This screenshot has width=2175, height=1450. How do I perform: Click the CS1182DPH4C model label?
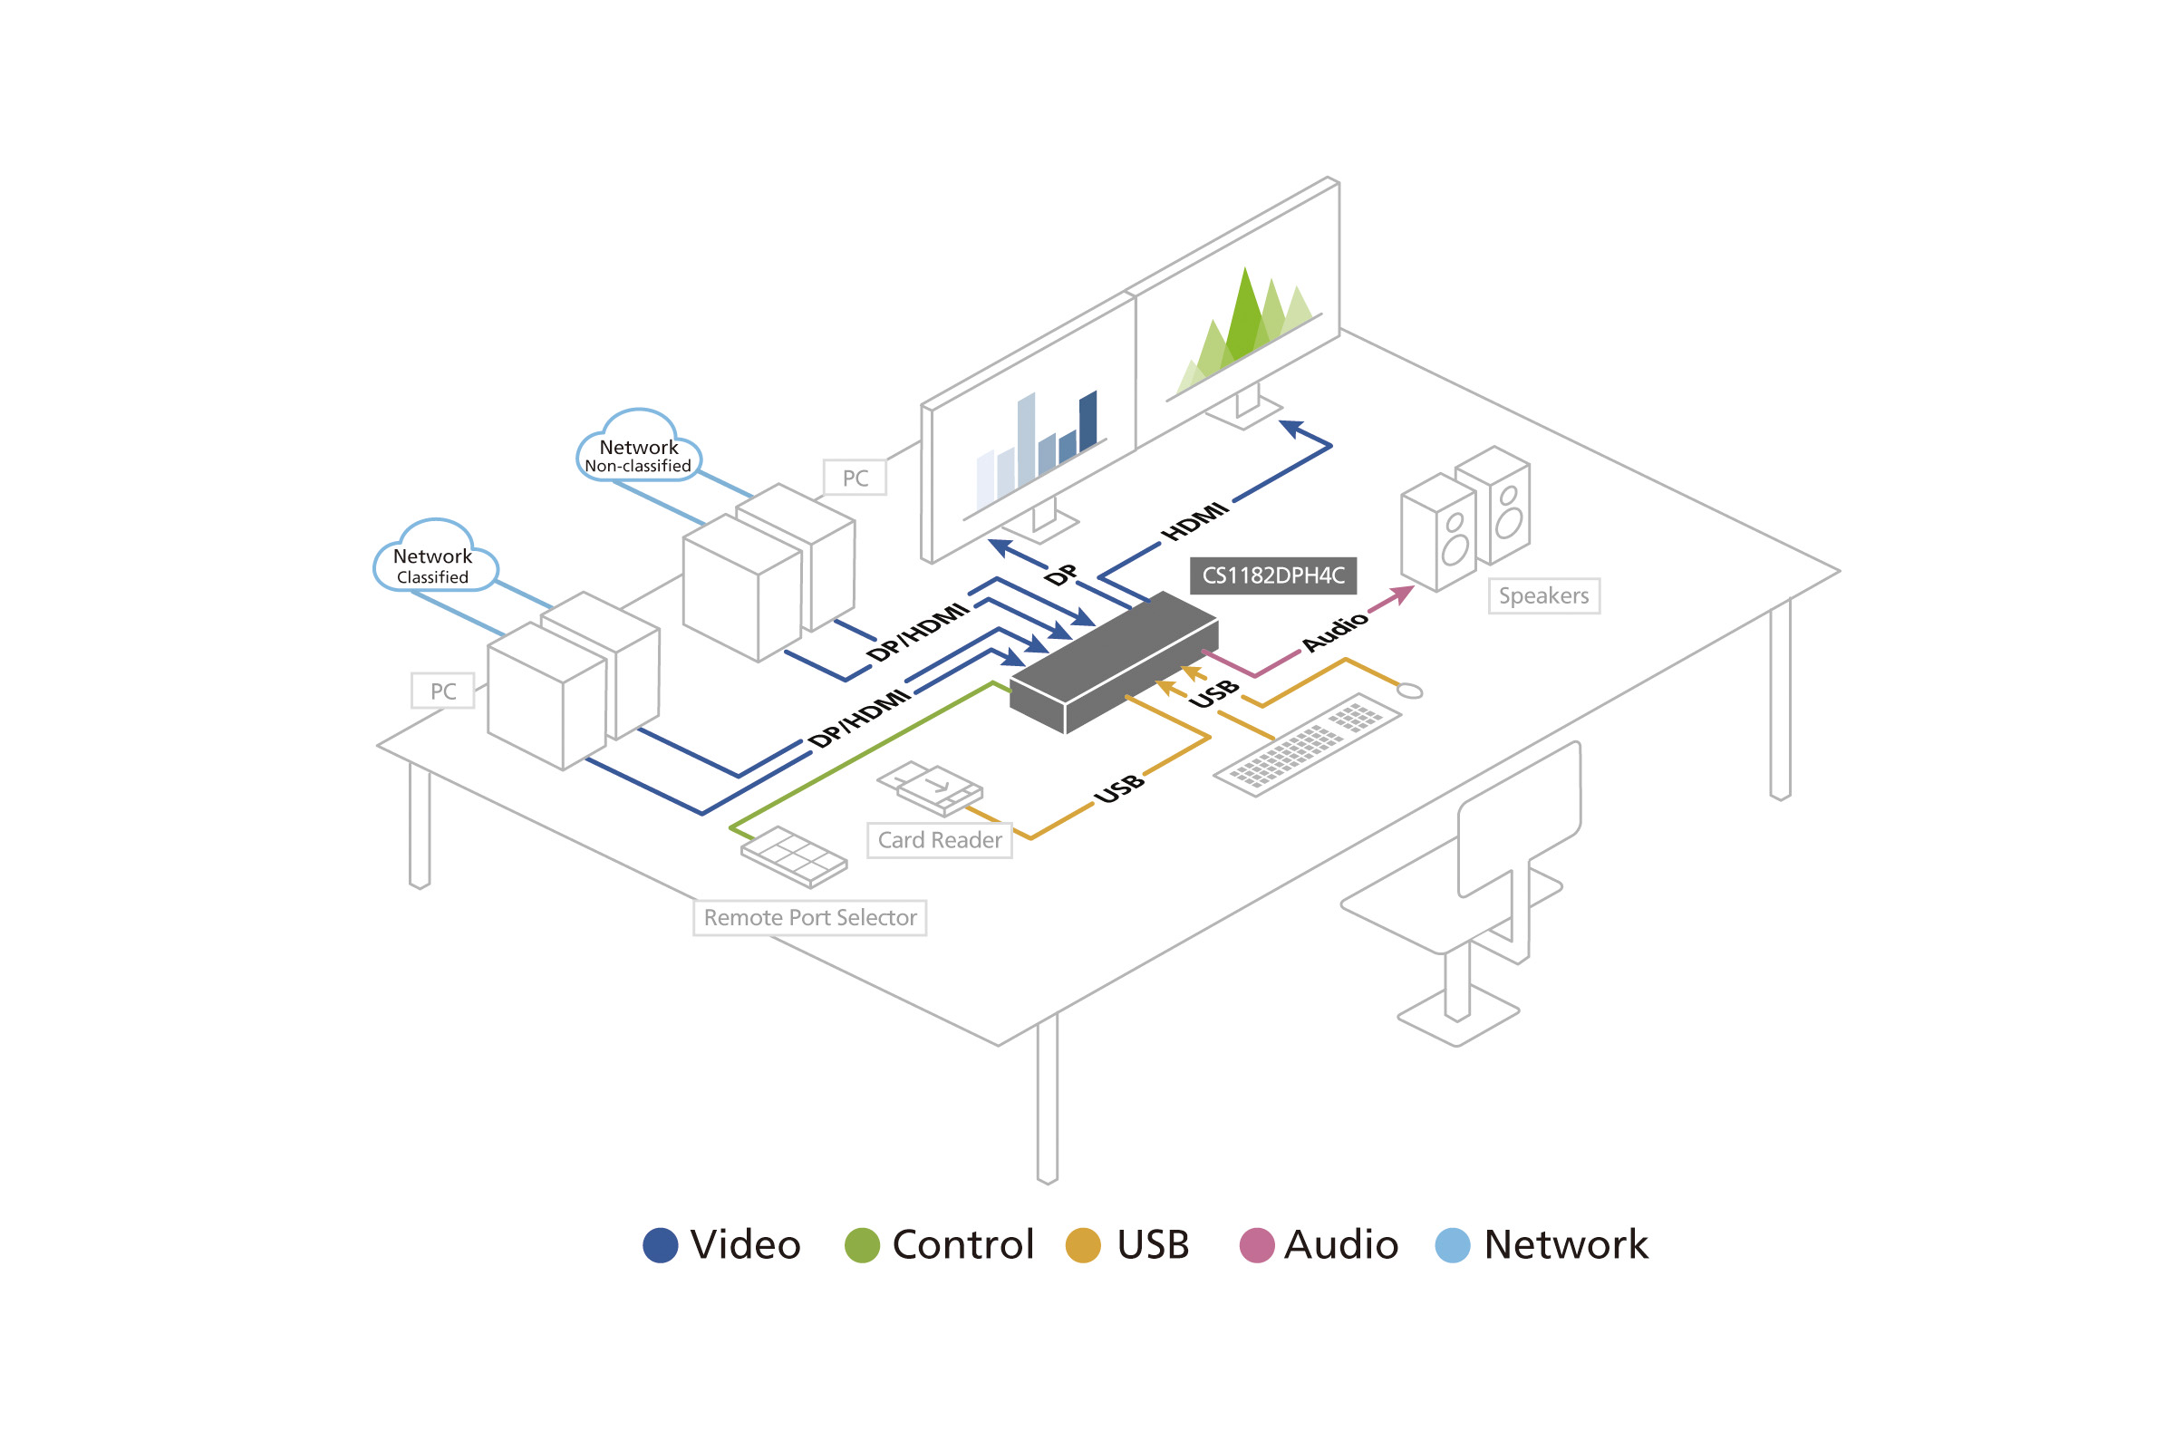pyautogui.click(x=1272, y=575)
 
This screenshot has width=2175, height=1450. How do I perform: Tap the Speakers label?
pyautogui.click(x=1542, y=596)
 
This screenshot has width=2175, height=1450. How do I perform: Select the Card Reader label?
pyautogui.click(x=939, y=840)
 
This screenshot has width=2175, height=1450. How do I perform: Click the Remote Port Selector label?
pyautogui.click(x=809, y=917)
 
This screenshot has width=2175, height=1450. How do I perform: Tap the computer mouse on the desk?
pyautogui.click(x=1409, y=691)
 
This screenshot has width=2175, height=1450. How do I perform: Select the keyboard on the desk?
pyautogui.click(x=1306, y=744)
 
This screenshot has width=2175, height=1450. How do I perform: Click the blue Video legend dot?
pyautogui.click(x=661, y=1244)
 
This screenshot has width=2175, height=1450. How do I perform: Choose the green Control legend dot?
pyautogui.click(x=861, y=1244)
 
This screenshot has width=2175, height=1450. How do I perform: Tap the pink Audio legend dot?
pyautogui.click(x=1256, y=1244)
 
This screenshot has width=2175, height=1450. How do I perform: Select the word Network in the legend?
pyautogui.click(x=1565, y=1244)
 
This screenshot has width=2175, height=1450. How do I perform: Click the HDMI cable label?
pyautogui.click(x=1194, y=522)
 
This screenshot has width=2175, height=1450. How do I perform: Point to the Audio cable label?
pyautogui.click(x=1334, y=631)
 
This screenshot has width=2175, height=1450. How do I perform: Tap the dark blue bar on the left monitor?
pyautogui.click(x=1087, y=420)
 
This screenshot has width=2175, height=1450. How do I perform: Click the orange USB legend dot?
pyautogui.click(x=1083, y=1244)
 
